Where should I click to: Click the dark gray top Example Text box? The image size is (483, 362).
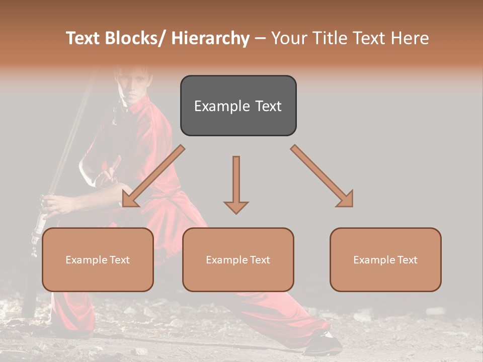(x=238, y=106)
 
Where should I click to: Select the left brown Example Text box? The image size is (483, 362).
(x=98, y=259)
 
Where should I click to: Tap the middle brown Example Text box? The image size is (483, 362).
(x=238, y=259)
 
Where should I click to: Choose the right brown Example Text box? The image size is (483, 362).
(x=385, y=259)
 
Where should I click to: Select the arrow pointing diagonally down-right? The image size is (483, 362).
(x=323, y=176)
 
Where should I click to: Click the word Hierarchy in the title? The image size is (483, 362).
(x=210, y=38)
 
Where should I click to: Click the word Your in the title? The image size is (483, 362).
(x=288, y=38)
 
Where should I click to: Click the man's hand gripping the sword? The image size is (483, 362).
(x=53, y=204)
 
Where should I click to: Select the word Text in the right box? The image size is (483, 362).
(x=407, y=259)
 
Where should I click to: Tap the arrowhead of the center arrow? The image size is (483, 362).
(x=236, y=207)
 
